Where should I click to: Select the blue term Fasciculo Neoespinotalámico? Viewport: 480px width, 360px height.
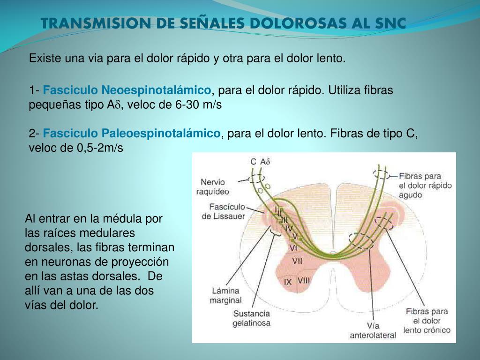[127, 90]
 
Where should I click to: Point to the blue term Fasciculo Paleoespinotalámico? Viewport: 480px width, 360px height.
[132, 134]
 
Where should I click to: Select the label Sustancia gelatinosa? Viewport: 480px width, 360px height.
[251, 318]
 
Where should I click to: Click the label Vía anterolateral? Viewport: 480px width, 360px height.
[373, 330]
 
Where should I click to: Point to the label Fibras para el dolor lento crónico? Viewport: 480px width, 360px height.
[427, 321]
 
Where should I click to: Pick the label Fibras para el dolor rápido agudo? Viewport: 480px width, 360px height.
[425, 185]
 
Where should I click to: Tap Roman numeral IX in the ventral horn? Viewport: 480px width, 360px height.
[288, 282]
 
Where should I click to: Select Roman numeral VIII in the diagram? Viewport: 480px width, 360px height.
[304, 280]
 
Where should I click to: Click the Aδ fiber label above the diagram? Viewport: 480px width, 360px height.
[266, 162]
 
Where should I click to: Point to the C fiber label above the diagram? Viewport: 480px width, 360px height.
[253, 162]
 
